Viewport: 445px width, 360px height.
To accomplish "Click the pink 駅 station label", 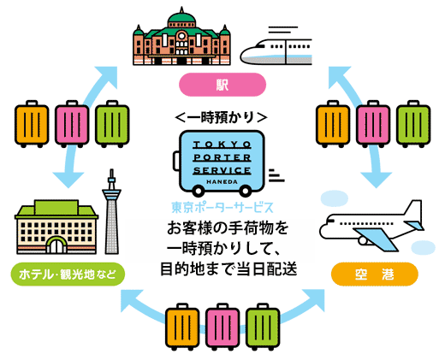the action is click(x=222, y=85).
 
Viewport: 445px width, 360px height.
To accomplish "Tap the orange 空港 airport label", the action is click(x=374, y=274).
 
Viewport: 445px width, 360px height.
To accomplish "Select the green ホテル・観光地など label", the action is click(x=68, y=274).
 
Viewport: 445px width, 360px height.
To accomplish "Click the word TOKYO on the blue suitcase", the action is click(x=222, y=145).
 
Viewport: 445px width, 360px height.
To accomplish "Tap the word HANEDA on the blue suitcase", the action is click(x=222, y=181).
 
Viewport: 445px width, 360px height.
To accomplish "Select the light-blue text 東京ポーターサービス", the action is click(x=222, y=208).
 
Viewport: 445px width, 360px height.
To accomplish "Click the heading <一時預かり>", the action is click(x=222, y=117).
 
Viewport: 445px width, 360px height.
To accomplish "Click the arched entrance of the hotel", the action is click(x=56, y=245).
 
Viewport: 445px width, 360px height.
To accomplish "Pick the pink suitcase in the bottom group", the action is click(x=222, y=326).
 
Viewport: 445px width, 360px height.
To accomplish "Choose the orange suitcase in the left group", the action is click(x=32, y=124).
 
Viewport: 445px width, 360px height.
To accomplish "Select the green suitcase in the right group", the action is click(x=413, y=124).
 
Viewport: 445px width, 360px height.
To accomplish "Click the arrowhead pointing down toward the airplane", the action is click(x=377, y=180).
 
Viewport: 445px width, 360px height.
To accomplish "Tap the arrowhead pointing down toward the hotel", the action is click(x=68, y=180).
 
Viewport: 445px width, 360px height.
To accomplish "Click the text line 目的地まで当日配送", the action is click(x=228, y=269).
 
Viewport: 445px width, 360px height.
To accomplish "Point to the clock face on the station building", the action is click(x=181, y=36).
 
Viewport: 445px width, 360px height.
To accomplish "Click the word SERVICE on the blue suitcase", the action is click(x=222, y=170).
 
